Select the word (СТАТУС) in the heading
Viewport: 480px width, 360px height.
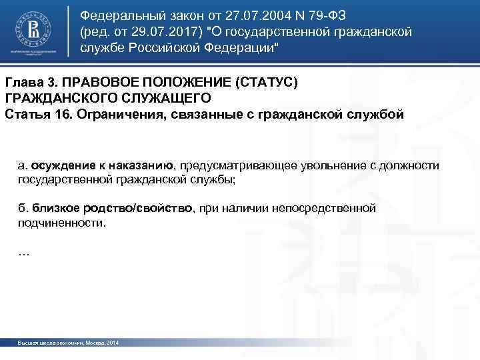tap(265, 82)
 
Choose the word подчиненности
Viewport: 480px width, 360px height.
tap(61, 224)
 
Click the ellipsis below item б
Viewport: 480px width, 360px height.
tap(23, 253)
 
